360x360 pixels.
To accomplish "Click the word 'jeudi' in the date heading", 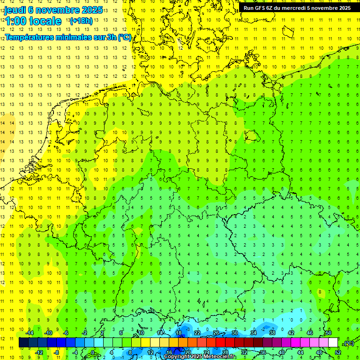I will pyautogui.click(x=15, y=9).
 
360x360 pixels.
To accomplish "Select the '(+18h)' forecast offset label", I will pyautogui.click(x=81, y=21).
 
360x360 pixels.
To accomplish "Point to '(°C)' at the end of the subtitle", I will pyautogui.click(x=124, y=37).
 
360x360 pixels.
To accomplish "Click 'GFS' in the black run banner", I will pyautogui.click(x=266, y=8).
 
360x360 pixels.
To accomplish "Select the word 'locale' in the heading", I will pyautogui.click(x=46, y=21).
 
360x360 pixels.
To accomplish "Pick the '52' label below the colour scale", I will pyautogui.click(x=337, y=352).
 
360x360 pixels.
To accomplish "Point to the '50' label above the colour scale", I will pyautogui.click(x=328, y=333).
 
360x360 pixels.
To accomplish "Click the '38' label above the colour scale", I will pyautogui.click(x=272, y=333).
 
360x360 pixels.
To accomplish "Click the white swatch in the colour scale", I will pyautogui.click(x=333, y=343).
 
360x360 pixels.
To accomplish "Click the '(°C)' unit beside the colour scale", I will pyautogui.click(x=348, y=343).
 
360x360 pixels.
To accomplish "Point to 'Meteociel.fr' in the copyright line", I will pyautogui.click(x=220, y=357).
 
